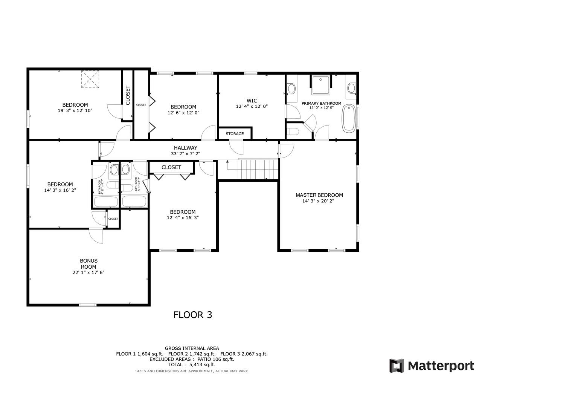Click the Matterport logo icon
point(396,366)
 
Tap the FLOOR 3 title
point(192,315)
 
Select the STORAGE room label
point(235,134)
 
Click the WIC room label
point(252,101)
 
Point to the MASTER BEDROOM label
point(319,195)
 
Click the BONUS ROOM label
point(88,264)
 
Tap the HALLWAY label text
point(185,148)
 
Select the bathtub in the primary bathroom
point(349,118)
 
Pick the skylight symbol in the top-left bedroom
point(90,79)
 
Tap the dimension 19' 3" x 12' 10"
point(75,111)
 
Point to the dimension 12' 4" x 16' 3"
point(183,218)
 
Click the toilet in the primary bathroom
point(293,132)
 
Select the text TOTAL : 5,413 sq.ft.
point(192,364)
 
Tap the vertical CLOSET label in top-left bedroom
point(128,95)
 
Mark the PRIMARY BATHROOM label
point(321,103)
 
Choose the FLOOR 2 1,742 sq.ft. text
point(192,354)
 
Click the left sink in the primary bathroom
point(291,89)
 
